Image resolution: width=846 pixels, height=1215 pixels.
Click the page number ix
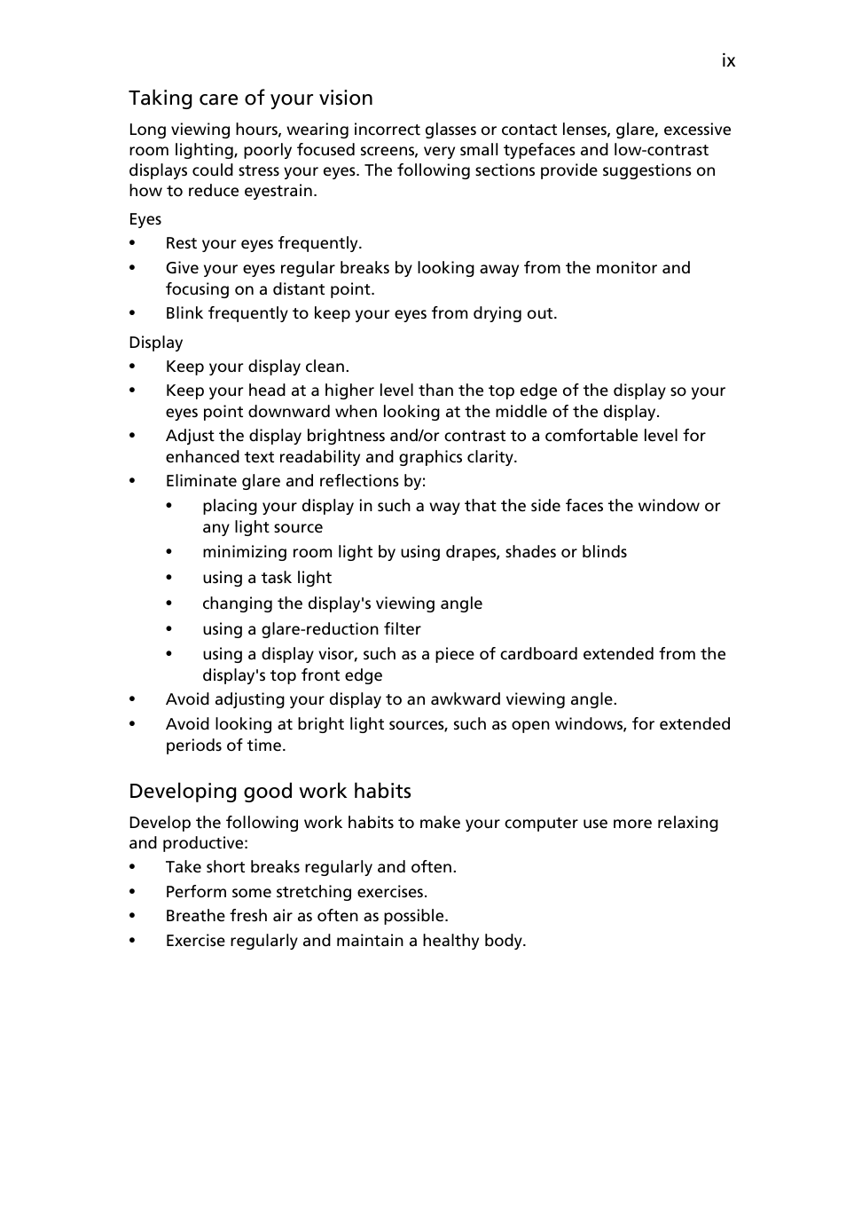coord(728,60)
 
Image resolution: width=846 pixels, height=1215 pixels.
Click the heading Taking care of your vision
coord(251,98)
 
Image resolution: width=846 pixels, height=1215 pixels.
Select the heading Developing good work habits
coord(270,791)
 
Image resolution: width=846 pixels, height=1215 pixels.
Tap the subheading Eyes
coord(145,219)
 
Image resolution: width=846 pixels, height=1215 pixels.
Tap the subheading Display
coord(155,343)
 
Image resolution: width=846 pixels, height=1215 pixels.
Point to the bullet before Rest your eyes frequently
coord(132,243)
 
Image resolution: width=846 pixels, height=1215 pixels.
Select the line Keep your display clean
coord(257,367)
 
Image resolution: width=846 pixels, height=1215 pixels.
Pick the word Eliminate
coord(200,481)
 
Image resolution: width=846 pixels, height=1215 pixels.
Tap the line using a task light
coord(267,578)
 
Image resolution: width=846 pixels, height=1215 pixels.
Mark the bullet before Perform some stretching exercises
coord(132,892)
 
